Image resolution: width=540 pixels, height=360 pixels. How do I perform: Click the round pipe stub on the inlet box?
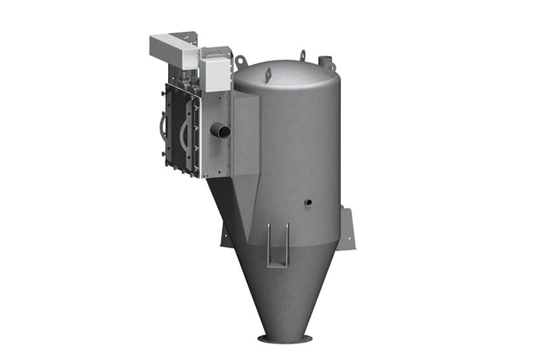pyautogui.click(x=221, y=131)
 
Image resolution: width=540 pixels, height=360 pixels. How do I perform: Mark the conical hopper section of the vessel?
pyautogui.click(x=285, y=284)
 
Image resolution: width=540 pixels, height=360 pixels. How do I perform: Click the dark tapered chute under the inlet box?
pyautogui.click(x=230, y=200)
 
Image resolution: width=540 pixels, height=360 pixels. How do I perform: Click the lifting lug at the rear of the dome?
pyautogui.click(x=302, y=55)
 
